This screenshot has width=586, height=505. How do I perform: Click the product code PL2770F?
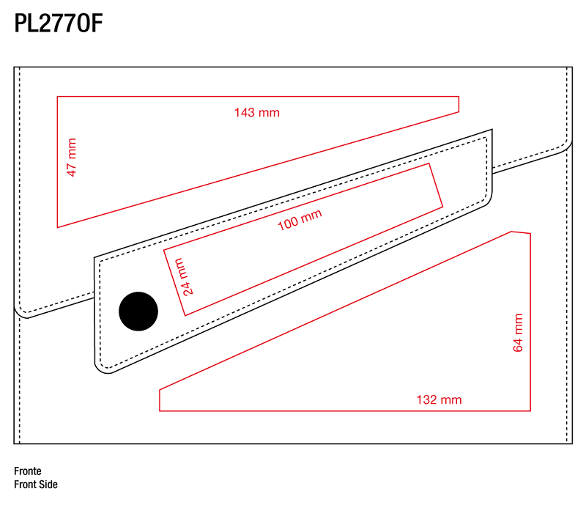(x=59, y=23)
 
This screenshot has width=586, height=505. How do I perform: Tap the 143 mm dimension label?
(x=257, y=113)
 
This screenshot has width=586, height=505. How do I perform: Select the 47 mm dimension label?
(x=71, y=157)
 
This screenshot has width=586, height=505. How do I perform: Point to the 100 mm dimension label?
(x=300, y=220)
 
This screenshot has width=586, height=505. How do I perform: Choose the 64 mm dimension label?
(x=518, y=333)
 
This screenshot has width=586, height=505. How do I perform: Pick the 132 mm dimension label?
(x=439, y=400)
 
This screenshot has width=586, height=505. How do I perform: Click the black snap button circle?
(x=138, y=312)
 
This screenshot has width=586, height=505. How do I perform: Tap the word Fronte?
(x=28, y=471)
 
